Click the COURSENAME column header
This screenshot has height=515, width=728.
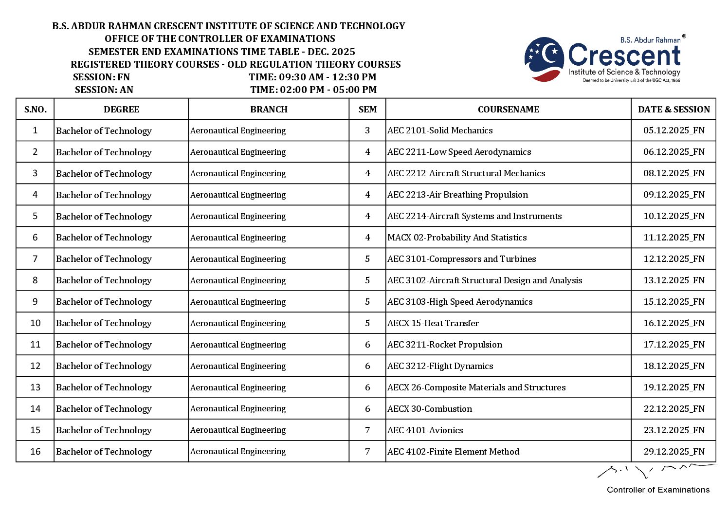coord(508,110)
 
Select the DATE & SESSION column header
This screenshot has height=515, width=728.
coord(673,110)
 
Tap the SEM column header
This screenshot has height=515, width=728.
coord(367,110)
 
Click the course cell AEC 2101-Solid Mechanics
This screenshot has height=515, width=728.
coord(440,130)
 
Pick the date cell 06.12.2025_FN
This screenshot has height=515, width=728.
coord(673,152)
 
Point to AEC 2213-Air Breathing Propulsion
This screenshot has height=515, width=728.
coord(457,195)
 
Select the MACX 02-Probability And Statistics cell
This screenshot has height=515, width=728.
coord(457,238)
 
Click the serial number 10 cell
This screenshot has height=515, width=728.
coord(36,323)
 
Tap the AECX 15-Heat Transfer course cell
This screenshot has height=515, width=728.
coord(433,323)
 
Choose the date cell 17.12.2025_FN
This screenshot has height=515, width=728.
coord(673,345)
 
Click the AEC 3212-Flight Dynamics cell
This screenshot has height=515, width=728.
coord(440,366)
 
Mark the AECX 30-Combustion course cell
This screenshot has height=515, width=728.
coord(430,409)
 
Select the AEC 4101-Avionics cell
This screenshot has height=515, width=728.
coord(425,430)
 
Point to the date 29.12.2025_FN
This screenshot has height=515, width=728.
coord(673,452)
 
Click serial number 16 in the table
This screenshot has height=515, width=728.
coord(36,452)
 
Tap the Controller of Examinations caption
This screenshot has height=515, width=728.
coord(658,490)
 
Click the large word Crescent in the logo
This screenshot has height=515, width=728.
coord(624,55)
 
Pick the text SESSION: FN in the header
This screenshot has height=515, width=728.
coord(101,77)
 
